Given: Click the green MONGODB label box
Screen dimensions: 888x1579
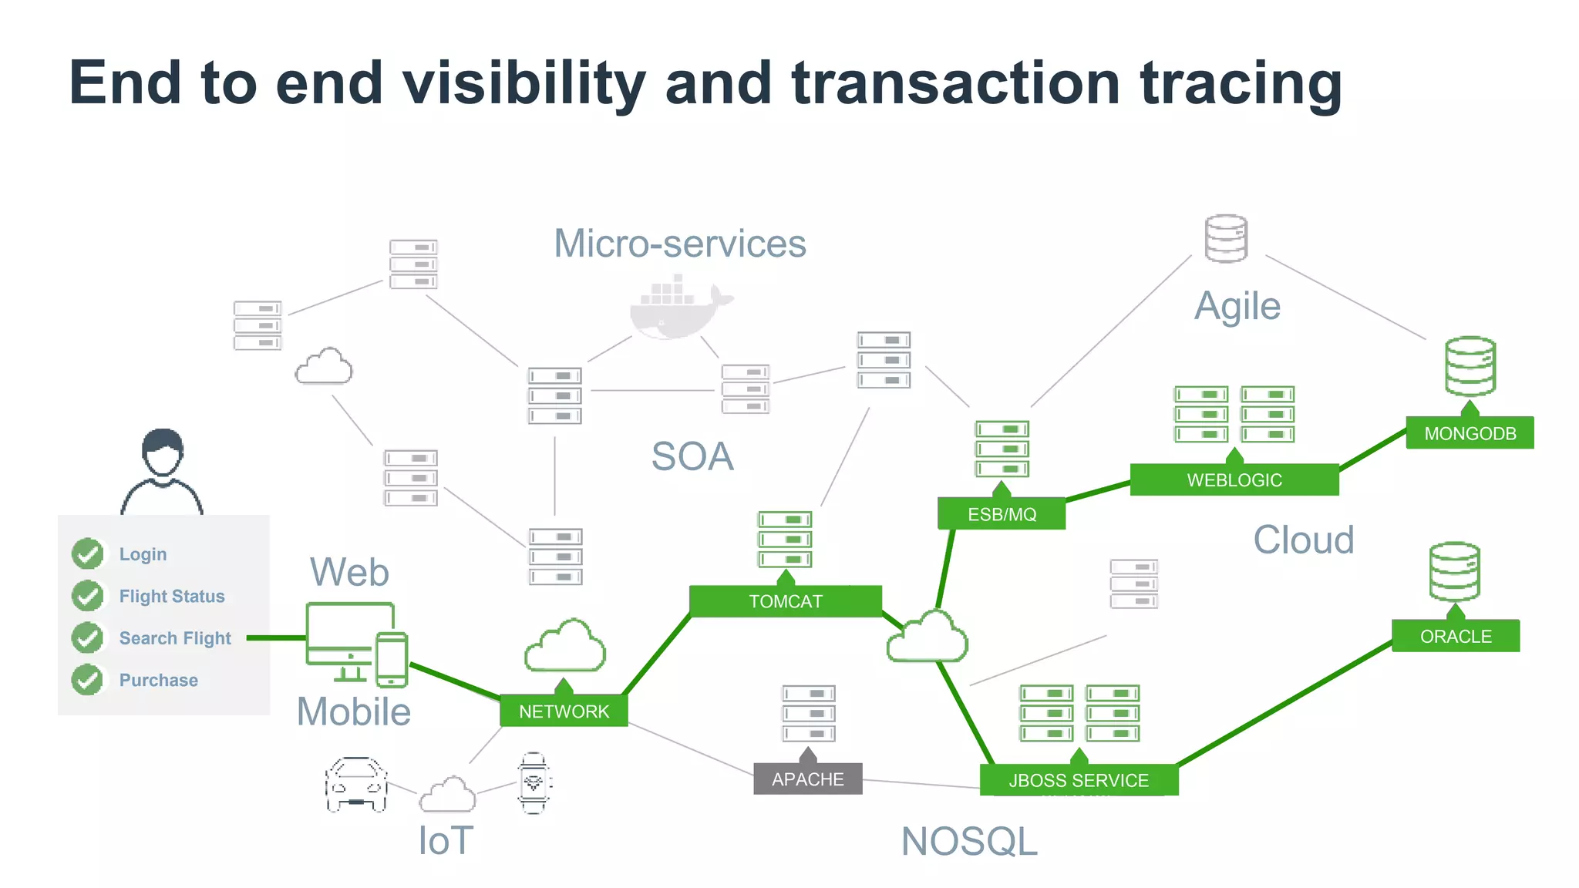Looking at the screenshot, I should tap(1470, 433).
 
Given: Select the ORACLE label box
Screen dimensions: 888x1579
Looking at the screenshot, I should tap(1456, 637).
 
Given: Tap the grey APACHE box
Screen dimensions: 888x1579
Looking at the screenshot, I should tap(807, 779).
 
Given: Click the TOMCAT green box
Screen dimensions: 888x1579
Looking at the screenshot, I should tap(786, 601).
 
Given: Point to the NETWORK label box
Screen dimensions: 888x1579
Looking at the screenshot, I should tap(564, 711).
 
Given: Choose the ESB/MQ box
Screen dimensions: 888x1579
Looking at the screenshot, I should tap(1002, 514).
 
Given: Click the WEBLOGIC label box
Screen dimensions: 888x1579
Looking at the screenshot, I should tap(1234, 480).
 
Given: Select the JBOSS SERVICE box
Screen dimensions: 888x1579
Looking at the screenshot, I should tap(1079, 780).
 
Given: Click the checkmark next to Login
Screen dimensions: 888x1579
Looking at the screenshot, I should tap(88, 553).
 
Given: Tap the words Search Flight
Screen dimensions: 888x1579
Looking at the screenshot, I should tap(175, 638).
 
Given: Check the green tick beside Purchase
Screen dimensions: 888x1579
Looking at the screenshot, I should tap(88, 680).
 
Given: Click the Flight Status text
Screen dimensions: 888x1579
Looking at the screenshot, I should tap(172, 596).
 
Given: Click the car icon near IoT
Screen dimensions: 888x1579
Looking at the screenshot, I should tap(355, 785).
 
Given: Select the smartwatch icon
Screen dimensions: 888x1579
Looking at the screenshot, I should tap(534, 783).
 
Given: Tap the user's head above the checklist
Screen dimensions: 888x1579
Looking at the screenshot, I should tap(163, 453).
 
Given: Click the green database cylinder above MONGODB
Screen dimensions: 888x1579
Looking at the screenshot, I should tap(1470, 366).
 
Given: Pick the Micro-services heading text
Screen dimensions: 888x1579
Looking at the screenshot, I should tap(680, 244).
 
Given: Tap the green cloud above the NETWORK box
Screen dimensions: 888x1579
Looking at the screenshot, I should tap(565, 646).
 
